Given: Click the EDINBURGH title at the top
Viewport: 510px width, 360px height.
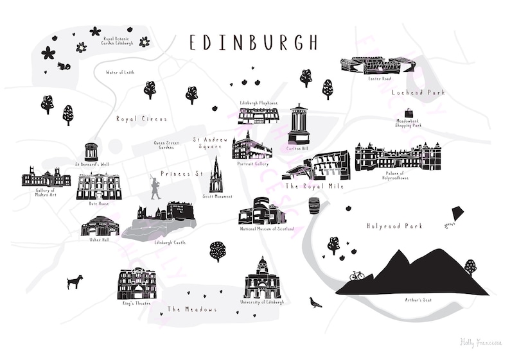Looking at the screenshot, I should click(x=254, y=43).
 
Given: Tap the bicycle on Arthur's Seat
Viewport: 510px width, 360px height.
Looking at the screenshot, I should click(x=356, y=275).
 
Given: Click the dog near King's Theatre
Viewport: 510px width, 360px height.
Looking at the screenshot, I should click(x=75, y=282).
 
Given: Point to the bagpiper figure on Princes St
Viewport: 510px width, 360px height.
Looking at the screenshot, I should click(x=154, y=187).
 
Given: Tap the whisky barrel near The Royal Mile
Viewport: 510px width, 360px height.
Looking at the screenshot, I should click(x=314, y=205).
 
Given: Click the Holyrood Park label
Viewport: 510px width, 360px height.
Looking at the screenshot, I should click(x=392, y=226).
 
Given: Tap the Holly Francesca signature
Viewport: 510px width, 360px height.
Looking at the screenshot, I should click(x=480, y=343).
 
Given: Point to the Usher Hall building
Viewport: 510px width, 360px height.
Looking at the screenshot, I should click(x=98, y=226).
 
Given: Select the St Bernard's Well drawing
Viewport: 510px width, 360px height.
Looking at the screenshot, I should click(x=91, y=151).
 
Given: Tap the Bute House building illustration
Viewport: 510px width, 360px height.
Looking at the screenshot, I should click(x=98, y=186).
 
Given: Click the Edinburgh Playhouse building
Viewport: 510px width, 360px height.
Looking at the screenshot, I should click(x=258, y=116).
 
